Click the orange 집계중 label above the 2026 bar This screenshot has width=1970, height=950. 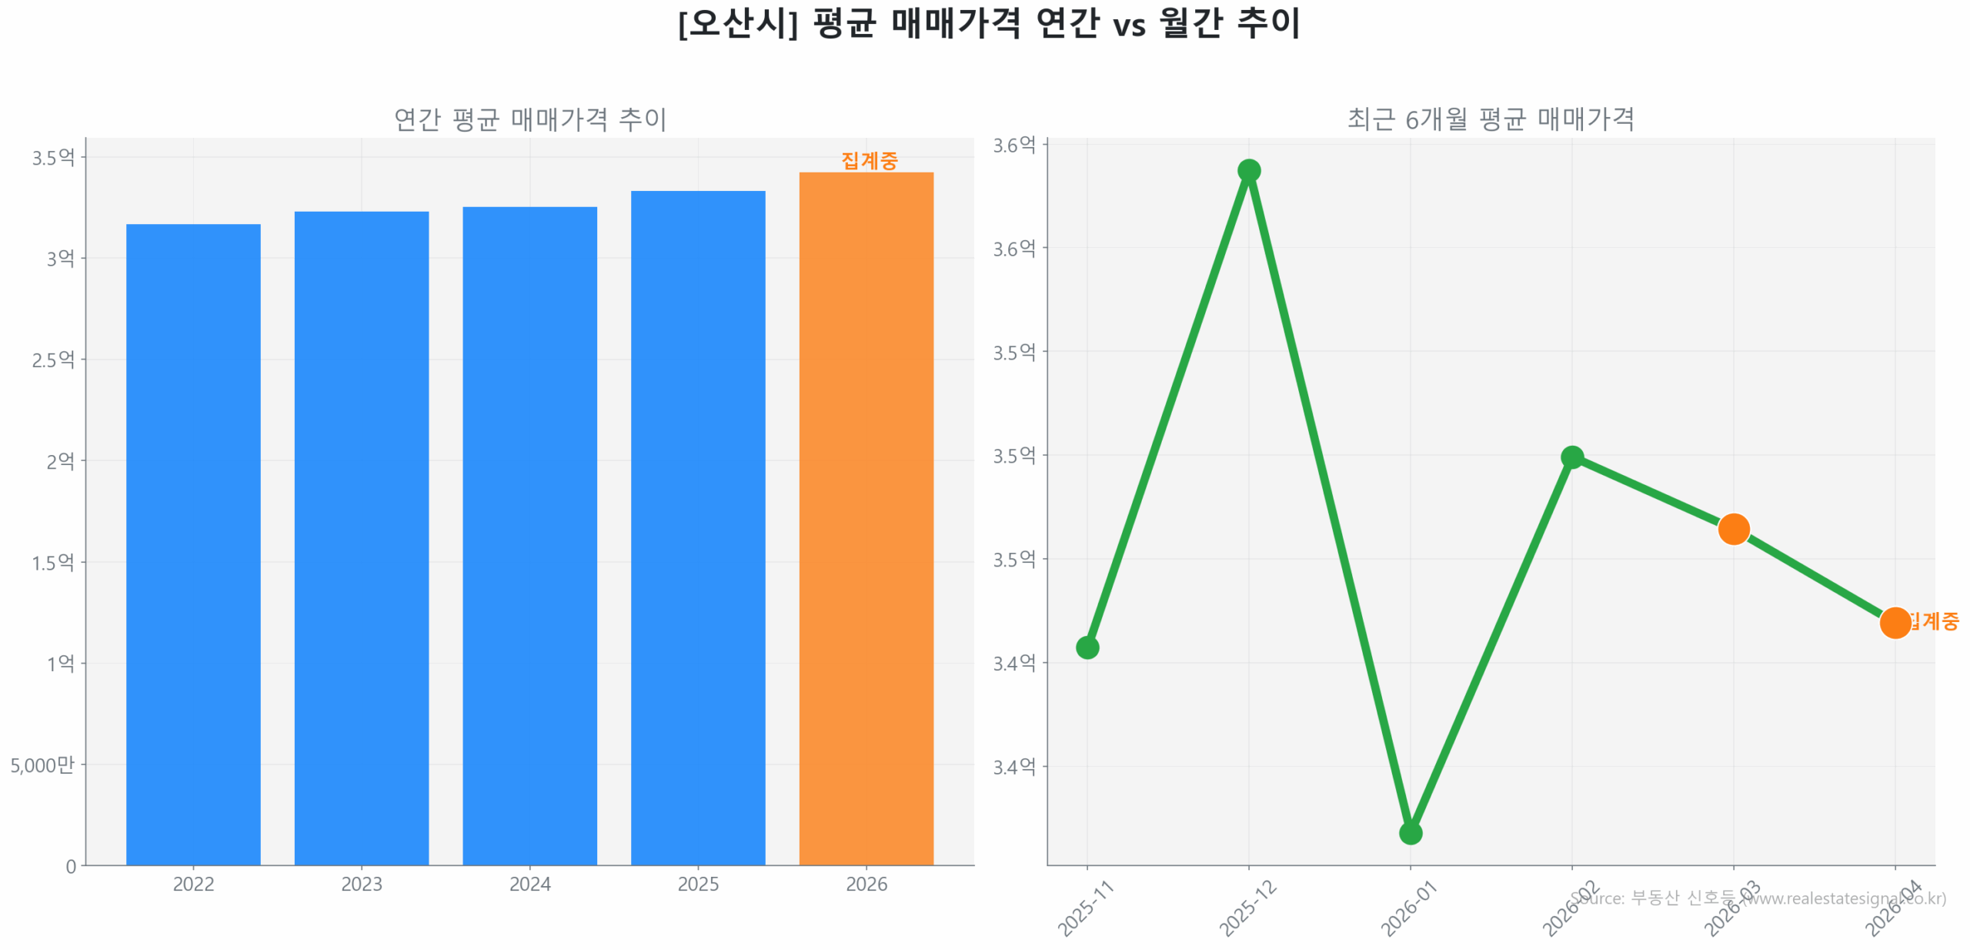pyautogui.click(x=869, y=160)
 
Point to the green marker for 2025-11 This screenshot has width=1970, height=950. pyautogui.click(x=1087, y=647)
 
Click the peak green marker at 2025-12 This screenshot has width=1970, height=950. pyautogui.click(x=1248, y=170)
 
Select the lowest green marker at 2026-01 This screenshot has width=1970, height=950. pyautogui.click(x=1410, y=832)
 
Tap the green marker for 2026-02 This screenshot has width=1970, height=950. pyautogui.click(x=1571, y=457)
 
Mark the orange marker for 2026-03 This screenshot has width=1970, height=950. pyautogui.click(x=1733, y=529)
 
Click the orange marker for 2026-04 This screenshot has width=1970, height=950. pyautogui.click(x=1895, y=622)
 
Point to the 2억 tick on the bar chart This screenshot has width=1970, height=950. pyautogui.click(x=60, y=460)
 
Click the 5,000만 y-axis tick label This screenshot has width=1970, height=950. pyautogui.click(x=42, y=764)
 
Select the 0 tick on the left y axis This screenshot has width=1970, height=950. pyautogui.click(x=71, y=866)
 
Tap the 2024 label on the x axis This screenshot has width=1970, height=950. pyautogui.click(x=529, y=884)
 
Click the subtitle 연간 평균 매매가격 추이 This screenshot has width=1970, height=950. pyautogui.click(x=529, y=119)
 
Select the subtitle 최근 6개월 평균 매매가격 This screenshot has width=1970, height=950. pyautogui.click(x=1490, y=119)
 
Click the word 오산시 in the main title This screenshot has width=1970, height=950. pyautogui.click(x=737, y=23)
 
